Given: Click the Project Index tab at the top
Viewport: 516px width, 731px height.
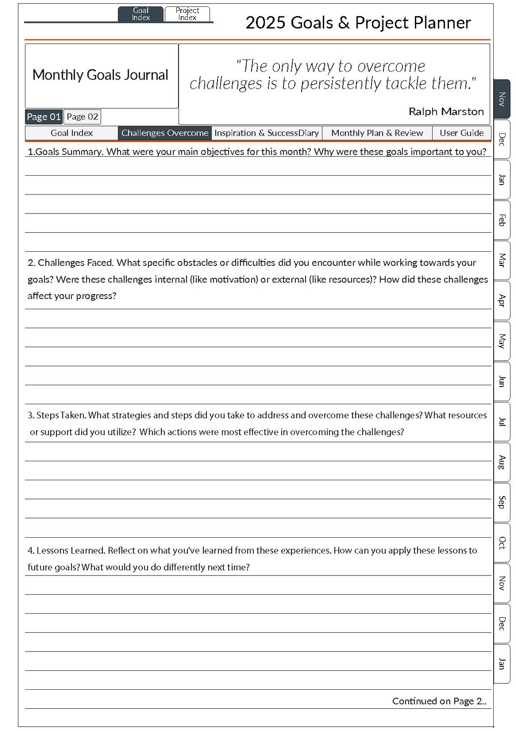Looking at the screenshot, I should click(187, 14).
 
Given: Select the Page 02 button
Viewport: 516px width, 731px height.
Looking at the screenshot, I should click(82, 116).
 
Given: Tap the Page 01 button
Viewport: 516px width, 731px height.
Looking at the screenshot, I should click(43, 116).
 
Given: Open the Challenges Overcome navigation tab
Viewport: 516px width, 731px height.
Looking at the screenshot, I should click(165, 133).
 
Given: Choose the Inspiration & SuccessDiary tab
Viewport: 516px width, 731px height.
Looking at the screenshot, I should click(267, 133).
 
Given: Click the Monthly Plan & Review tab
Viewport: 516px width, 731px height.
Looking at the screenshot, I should click(377, 133).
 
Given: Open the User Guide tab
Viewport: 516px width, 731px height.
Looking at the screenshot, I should click(461, 133).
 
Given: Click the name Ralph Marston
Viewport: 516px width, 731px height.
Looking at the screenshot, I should click(446, 112).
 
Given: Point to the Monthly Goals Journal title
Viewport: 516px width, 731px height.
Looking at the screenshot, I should click(100, 75).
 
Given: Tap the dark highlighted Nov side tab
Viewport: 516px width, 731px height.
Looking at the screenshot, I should click(501, 99).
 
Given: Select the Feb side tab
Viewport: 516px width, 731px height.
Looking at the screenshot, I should click(501, 220).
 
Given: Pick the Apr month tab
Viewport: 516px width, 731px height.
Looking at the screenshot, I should click(501, 301).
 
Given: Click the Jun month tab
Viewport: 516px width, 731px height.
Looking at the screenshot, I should click(501, 381).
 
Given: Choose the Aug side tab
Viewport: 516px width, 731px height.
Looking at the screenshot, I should click(501, 462).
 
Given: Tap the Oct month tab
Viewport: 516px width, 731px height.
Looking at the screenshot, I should click(501, 543).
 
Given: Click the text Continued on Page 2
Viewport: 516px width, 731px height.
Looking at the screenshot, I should click(439, 701).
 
